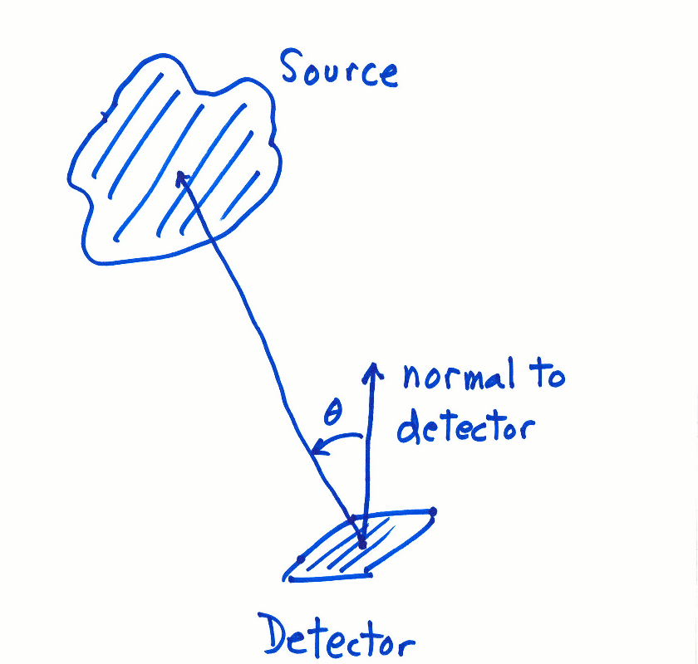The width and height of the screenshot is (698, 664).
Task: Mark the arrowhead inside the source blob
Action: click(180, 176)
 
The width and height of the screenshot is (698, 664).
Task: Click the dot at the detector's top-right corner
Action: click(433, 511)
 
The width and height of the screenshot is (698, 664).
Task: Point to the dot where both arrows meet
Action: click(362, 544)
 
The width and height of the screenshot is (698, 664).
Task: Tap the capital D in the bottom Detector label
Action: click(278, 637)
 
